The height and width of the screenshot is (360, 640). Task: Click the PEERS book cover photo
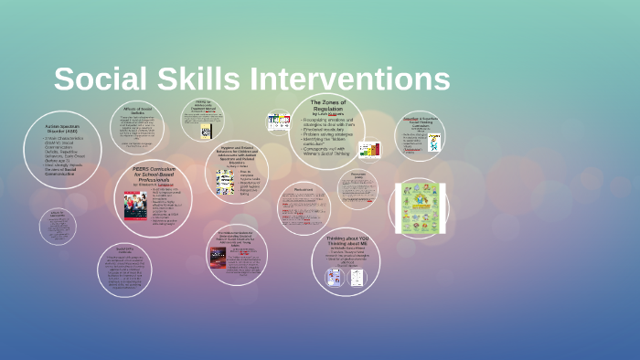133,205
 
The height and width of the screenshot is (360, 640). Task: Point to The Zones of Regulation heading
327,105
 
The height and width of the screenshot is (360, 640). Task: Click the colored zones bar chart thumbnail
369,150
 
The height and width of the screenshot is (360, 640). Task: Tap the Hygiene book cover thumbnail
224,182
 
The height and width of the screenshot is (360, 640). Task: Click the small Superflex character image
433,143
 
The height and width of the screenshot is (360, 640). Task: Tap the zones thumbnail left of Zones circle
278,122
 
